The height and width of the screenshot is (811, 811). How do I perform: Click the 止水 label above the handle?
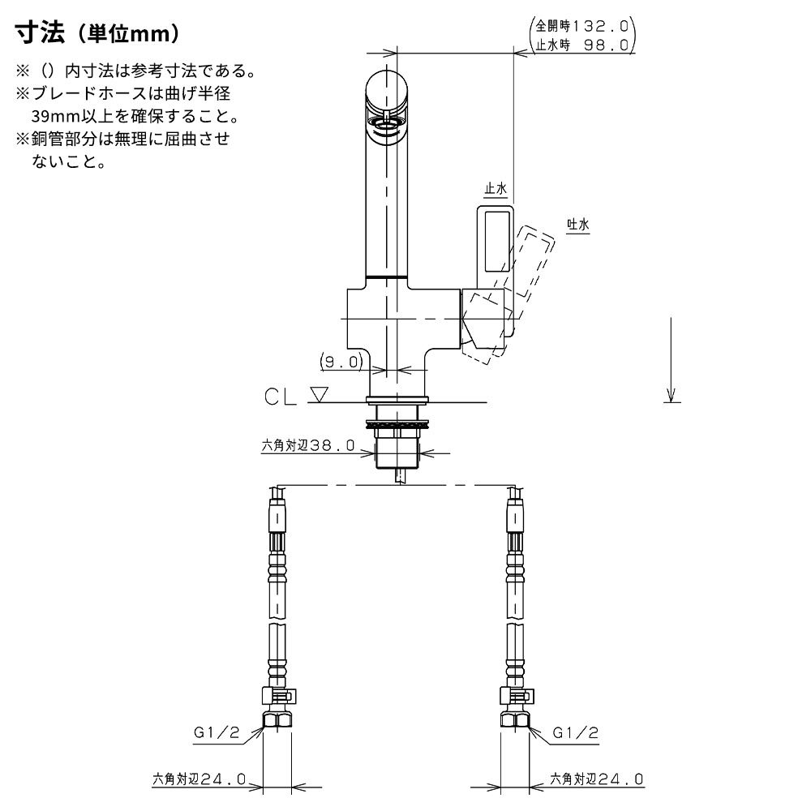495,189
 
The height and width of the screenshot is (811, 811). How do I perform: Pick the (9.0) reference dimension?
341,362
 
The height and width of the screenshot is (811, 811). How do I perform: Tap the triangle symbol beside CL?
319,395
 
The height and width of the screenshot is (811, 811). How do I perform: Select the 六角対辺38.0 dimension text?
308,445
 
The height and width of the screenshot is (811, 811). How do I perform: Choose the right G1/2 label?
575,732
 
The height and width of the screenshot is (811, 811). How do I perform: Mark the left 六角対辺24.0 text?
199,779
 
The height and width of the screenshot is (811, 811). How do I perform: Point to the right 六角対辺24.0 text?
596,779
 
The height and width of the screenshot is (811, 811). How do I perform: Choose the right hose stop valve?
516,696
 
